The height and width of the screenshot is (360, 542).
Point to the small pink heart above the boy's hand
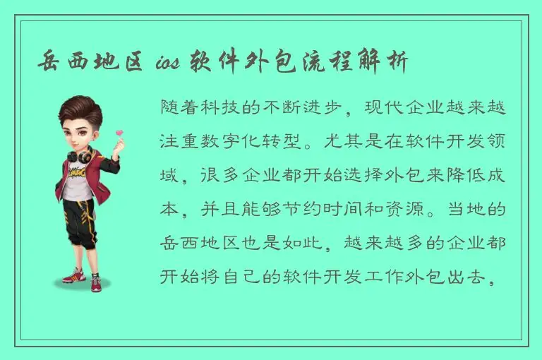coord(119,132)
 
